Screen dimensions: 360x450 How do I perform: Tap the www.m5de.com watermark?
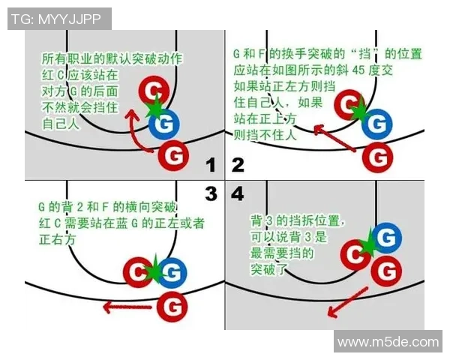388,342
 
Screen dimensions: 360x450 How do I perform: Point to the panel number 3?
211,194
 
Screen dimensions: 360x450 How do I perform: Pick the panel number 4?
238,194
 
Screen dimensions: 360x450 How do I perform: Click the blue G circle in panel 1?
165,124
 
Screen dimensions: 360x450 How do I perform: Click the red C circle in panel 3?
137,271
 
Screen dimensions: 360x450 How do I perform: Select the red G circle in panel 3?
173,306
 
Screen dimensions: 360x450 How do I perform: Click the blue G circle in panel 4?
385,238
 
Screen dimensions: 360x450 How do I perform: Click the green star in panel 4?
369,245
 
